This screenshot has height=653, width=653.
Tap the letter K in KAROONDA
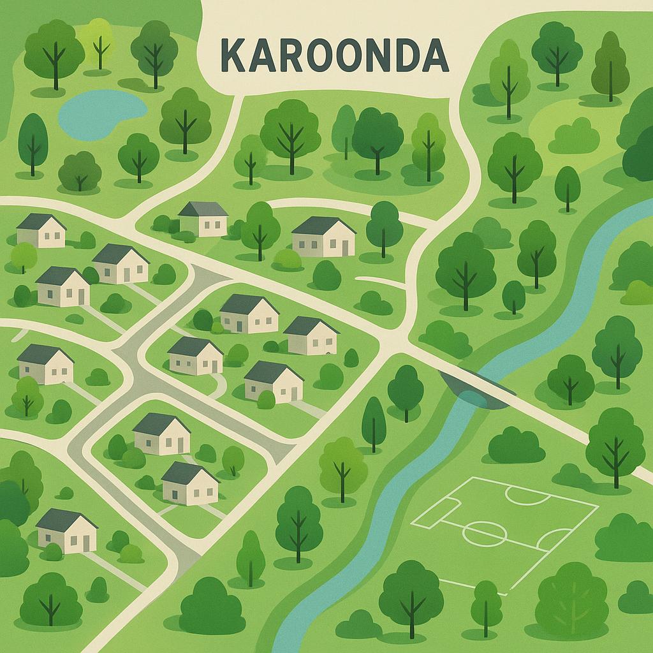(x=233, y=56)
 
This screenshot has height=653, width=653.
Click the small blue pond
(x=99, y=113)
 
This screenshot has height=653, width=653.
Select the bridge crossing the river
(x=475, y=386)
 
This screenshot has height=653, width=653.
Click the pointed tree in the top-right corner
(x=610, y=64)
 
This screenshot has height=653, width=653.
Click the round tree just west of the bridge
(x=406, y=389)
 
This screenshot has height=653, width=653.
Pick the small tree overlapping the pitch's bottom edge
(x=487, y=603)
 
